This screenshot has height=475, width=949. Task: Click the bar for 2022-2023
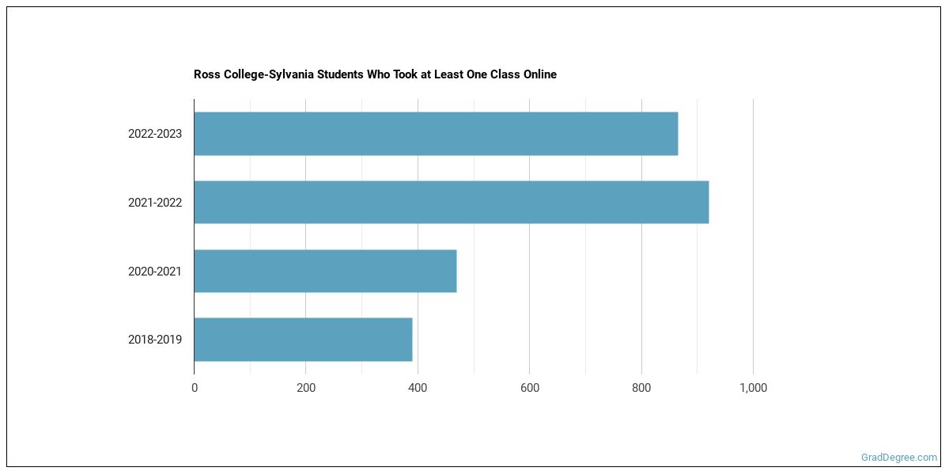(436, 134)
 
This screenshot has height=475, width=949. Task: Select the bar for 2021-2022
(451, 202)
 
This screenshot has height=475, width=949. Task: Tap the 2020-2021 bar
(325, 271)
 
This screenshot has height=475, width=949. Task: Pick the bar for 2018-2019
(303, 340)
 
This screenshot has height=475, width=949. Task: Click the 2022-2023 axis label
(155, 134)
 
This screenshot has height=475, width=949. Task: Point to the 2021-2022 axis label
(155, 203)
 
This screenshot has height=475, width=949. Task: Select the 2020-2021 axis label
(155, 272)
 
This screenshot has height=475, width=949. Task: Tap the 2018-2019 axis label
(155, 340)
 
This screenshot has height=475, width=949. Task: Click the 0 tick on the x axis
(195, 388)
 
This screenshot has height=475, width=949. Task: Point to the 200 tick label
(306, 388)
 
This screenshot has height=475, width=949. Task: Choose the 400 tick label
(418, 388)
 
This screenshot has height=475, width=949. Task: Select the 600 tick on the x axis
(530, 388)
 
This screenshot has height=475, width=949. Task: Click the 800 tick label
(641, 388)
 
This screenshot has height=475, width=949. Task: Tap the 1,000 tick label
(753, 388)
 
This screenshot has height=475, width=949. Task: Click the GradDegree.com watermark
(899, 457)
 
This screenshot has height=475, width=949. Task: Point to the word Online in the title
(538, 74)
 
